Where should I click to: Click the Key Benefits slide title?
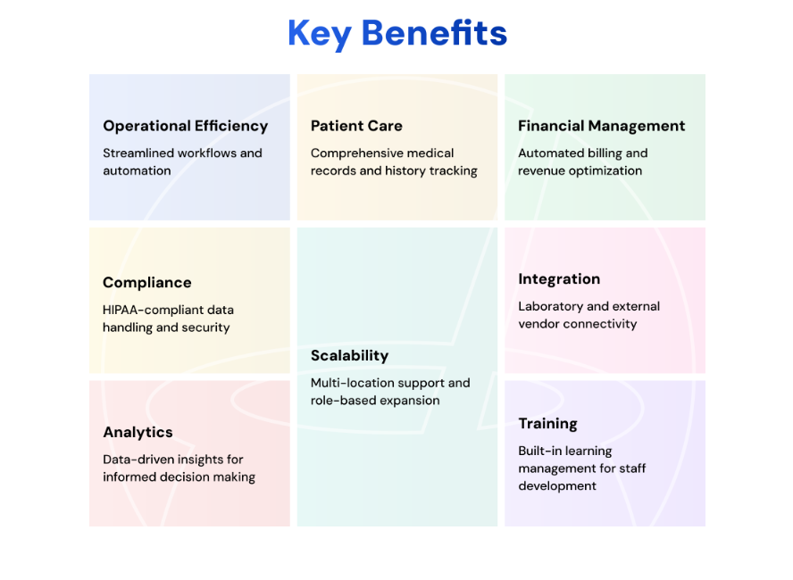click(397, 34)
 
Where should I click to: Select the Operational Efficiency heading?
click(185, 127)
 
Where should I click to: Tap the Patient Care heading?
click(356, 126)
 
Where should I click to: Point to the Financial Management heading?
click(601, 127)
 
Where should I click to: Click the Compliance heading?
click(146, 283)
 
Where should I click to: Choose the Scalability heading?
click(349, 356)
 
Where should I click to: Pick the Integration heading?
click(559, 279)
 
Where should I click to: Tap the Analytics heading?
click(138, 433)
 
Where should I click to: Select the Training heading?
click(547, 424)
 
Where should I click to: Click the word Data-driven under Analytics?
click(131, 460)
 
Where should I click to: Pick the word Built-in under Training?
click(539, 451)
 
